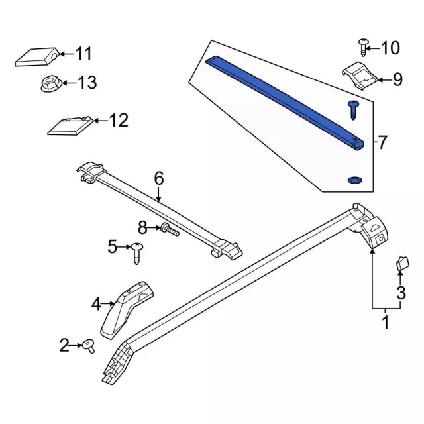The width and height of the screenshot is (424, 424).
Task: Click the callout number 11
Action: [x=83, y=54]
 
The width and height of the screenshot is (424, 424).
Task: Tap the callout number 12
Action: [x=119, y=121]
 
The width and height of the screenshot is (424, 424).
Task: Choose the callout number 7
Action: [x=382, y=142]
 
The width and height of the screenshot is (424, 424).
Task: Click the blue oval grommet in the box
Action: [x=355, y=180]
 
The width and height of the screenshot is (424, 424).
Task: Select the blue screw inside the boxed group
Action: [x=353, y=110]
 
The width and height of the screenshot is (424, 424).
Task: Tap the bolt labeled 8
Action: [x=170, y=230]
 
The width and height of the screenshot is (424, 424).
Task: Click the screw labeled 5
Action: [x=137, y=253]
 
